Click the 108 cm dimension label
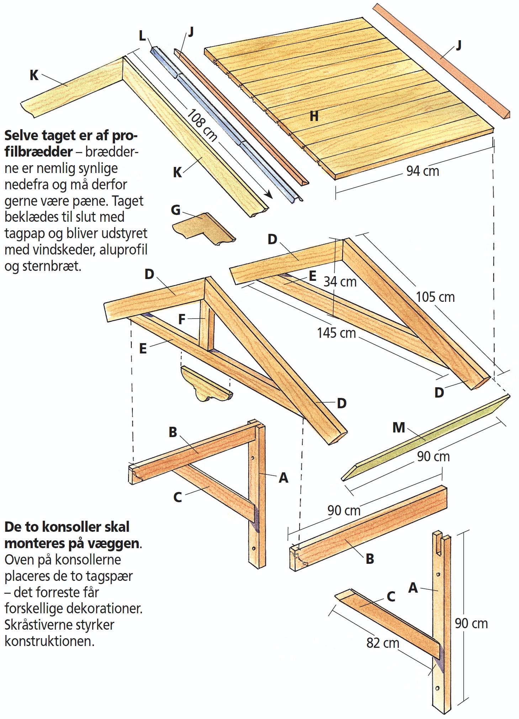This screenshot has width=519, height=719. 202,125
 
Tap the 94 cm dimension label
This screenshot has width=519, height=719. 423,171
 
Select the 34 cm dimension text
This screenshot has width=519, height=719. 340,282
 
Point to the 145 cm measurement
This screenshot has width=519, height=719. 336,333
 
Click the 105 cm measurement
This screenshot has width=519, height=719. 435,297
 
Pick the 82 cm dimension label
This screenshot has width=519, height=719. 383,643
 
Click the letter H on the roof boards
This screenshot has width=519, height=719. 314,116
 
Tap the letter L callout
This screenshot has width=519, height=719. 142,36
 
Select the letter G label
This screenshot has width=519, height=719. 176,210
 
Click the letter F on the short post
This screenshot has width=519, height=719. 182,319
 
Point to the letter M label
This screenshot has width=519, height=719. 399,427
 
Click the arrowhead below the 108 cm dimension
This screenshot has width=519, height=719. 269,194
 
